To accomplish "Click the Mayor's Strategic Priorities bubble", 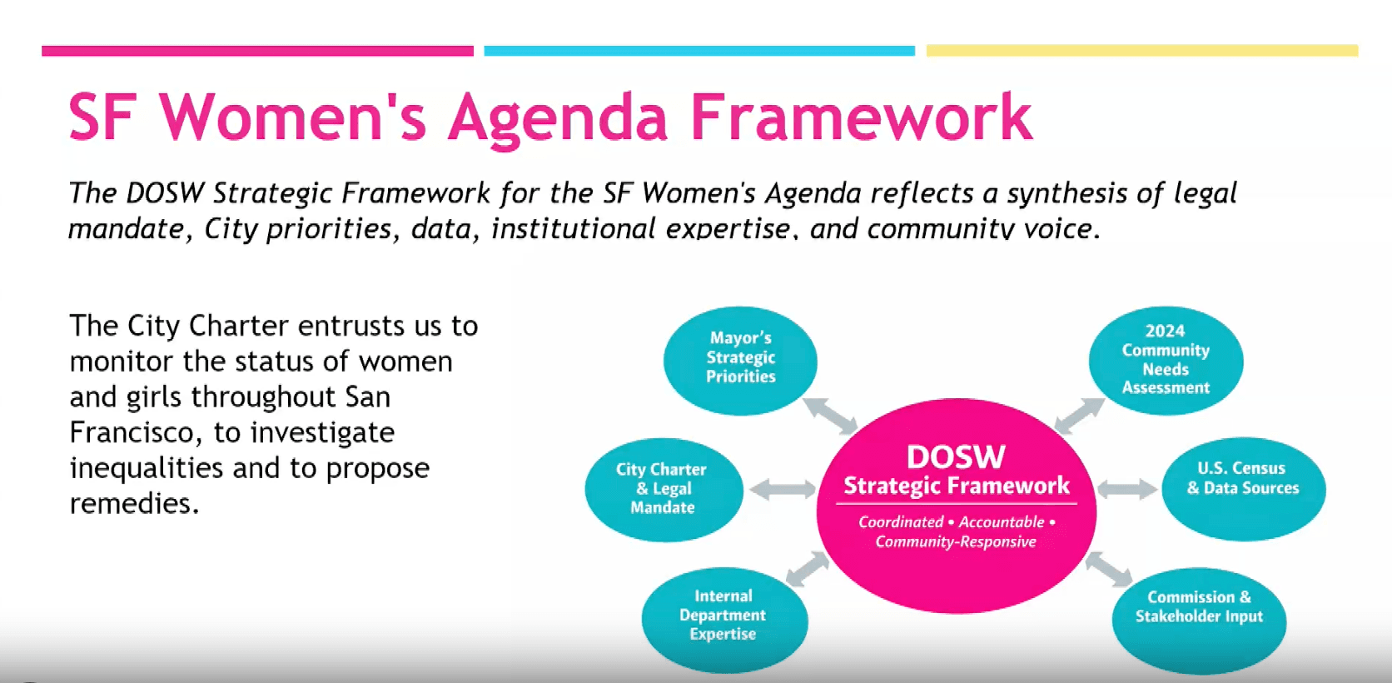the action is pos(740,361).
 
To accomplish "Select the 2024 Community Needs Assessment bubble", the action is pos(1166,361).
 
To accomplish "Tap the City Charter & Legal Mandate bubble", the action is pos(664,490).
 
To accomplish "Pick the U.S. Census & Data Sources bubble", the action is pos(1244,488).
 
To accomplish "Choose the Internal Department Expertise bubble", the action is pos(724,619).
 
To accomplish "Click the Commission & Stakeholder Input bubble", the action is pos(1200,621).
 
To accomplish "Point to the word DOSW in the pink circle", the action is pos(956,457).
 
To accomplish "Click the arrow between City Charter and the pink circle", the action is pos(783,489).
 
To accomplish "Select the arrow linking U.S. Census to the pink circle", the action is pos(1127,489).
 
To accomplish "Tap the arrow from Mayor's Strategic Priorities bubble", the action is pos(830,416).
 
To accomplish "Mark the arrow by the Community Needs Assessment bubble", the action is pos(1080,415).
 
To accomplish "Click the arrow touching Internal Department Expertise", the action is pos(808,569).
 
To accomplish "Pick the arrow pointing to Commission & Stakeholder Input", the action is pos(1109,569).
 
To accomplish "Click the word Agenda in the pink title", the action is pos(558,119).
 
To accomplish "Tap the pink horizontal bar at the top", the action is pos(257,51).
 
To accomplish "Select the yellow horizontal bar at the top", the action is pos(1142,51).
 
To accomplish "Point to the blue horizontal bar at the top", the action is pos(699,51).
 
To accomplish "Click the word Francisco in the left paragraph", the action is pos(136,432).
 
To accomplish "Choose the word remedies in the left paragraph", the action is pos(133,503).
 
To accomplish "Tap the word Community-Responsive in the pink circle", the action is pos(956,542).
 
